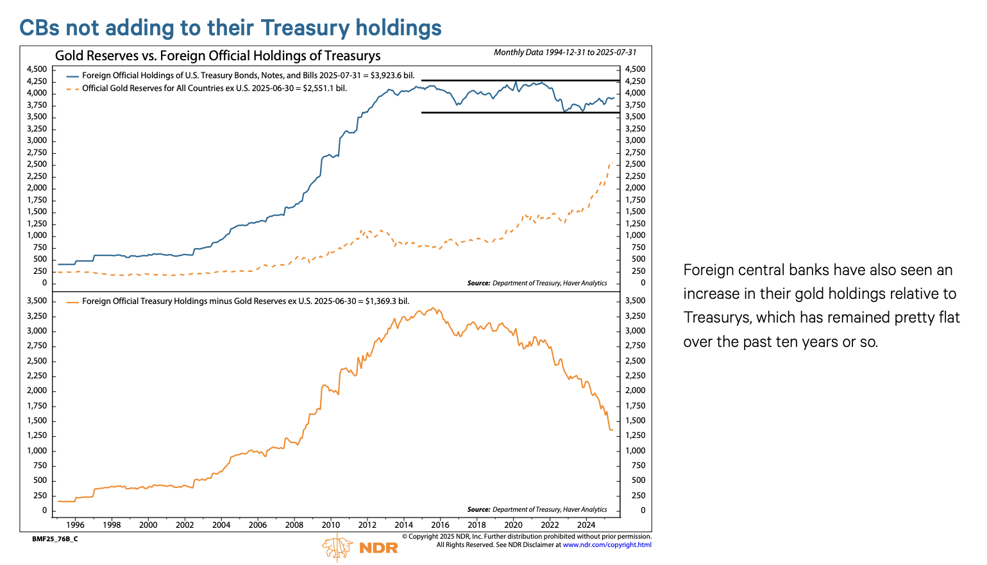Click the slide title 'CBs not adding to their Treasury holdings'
(230, 28)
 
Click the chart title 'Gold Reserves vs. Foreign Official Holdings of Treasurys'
(217, 56)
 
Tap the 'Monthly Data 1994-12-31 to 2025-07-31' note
(564, 53)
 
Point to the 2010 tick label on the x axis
(331, 525)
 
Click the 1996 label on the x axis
(75, 525)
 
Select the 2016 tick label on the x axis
(441, 525)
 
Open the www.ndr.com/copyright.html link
(607, 545)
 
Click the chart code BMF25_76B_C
(55, 539)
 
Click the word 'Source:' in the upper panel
(478, 283)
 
